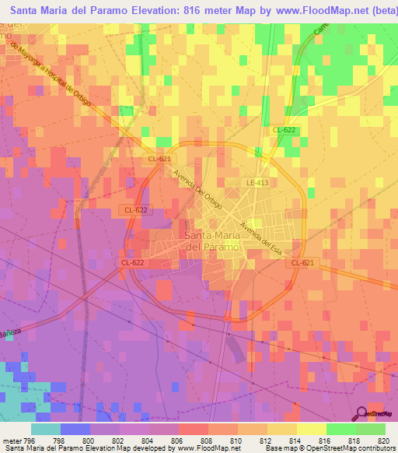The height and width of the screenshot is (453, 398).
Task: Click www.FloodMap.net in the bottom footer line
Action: [x=208, y=448]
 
